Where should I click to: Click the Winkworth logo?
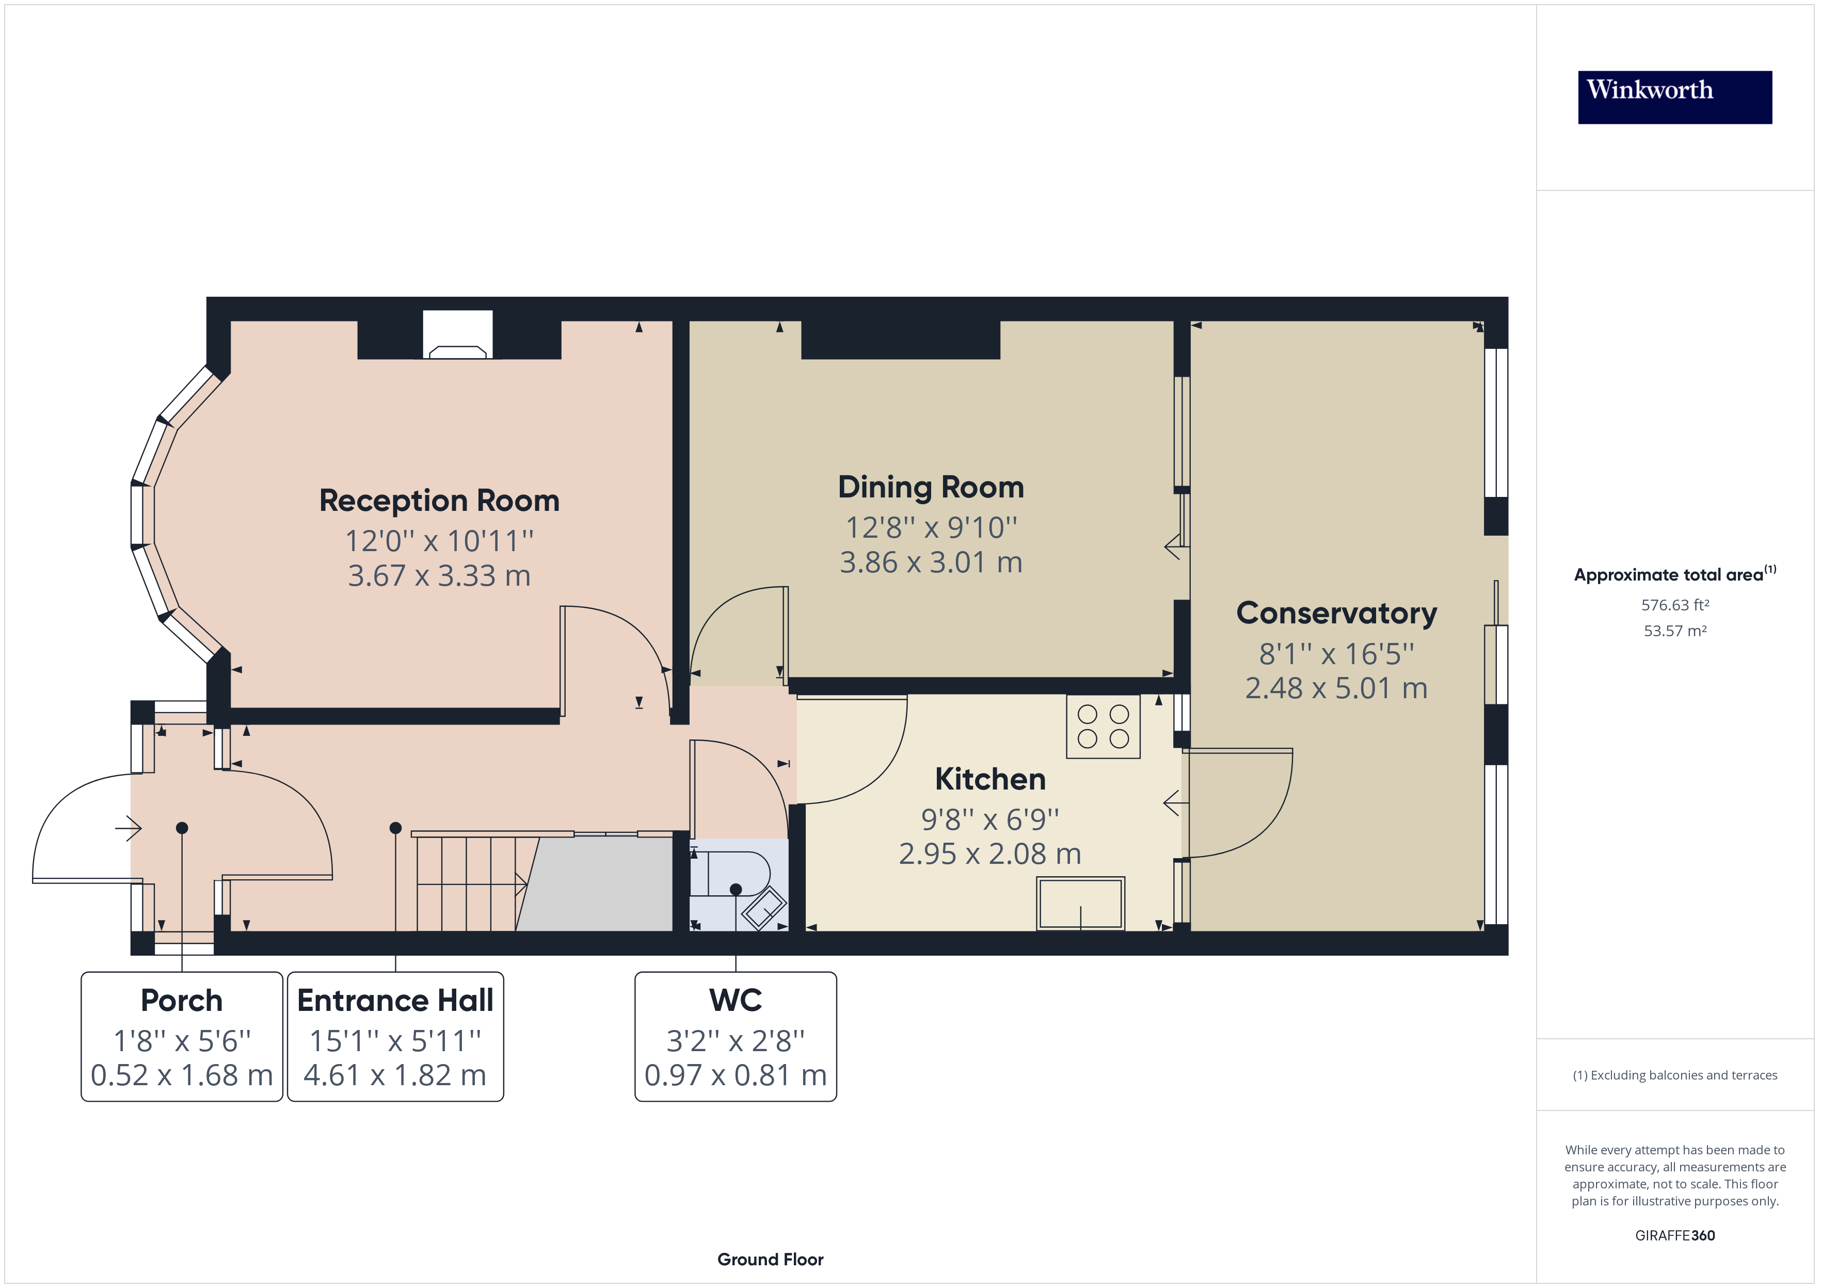(1674, 97)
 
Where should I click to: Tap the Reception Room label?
(439, 501)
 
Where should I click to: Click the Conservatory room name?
(1336, 613)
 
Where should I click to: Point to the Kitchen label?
(990, 779)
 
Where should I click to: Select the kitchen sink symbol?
(1080, 904)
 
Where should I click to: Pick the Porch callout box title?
(182, 1000)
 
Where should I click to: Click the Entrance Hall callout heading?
(395, 1000)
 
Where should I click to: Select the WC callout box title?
(735, 1000)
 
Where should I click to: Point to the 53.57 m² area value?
(1674, 631)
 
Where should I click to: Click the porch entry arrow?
(129, 829)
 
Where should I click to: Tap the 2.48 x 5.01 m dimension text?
(1336, 688)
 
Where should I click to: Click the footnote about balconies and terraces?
(1674, 1075)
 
